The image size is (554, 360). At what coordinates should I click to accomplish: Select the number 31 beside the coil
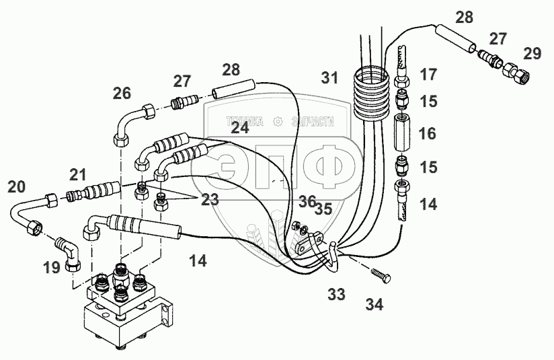329,79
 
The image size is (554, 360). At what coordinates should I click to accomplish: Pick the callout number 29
532,53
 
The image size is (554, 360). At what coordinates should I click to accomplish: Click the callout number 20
17,186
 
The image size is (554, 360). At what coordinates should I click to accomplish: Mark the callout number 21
79,175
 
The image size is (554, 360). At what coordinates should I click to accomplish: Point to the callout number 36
307,200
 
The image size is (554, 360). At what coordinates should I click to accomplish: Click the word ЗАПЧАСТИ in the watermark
312,122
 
